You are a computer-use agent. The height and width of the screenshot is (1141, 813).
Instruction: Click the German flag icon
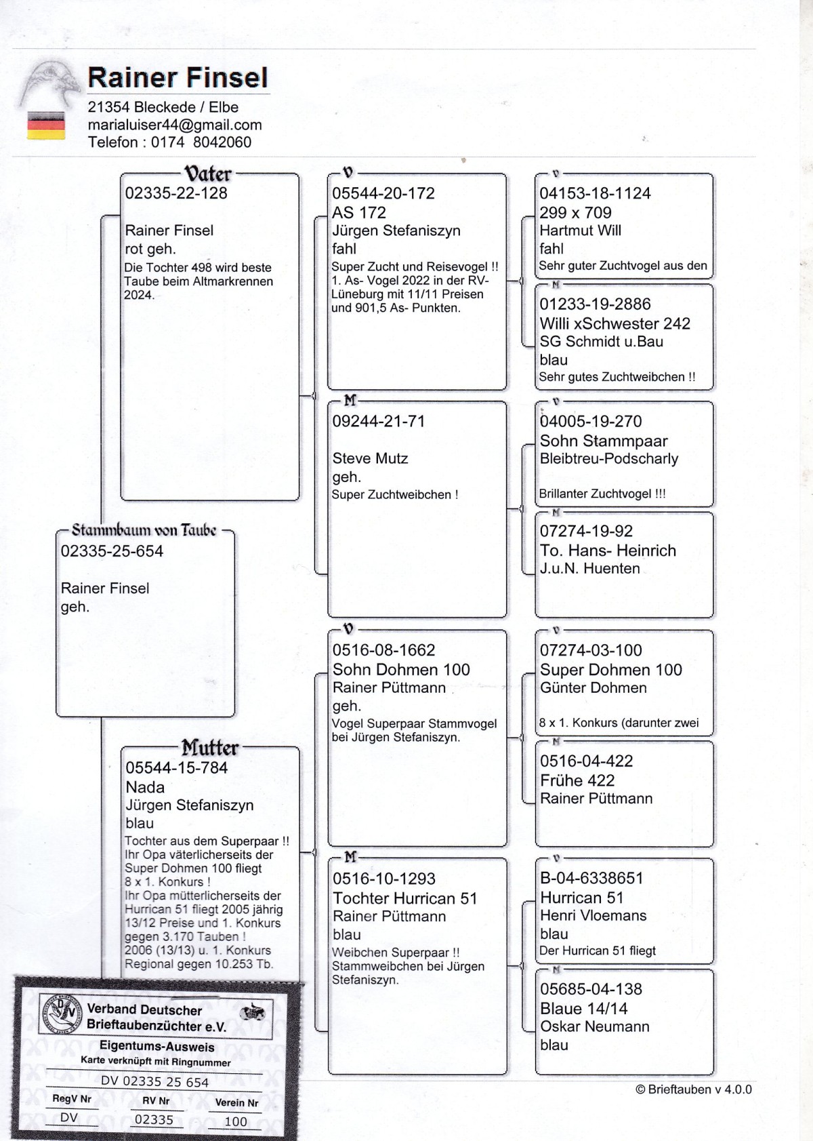tap(46, 126)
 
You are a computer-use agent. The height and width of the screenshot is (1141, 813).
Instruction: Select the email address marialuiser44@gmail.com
tap(175, 125)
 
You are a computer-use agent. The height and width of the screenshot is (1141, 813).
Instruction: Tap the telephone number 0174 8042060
tap(201, 142)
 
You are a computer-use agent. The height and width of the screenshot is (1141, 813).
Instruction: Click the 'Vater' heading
tap(208, 174)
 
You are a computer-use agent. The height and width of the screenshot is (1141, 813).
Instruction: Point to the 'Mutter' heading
tap(209, 748)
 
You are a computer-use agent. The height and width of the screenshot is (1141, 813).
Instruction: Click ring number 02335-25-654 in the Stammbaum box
tap(112, 551)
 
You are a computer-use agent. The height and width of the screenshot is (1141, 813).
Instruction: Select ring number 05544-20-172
tap(383, 193)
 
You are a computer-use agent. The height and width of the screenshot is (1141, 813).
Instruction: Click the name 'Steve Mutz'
tap(370, 458)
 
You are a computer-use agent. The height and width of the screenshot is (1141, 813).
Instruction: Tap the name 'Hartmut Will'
tap(580, 231)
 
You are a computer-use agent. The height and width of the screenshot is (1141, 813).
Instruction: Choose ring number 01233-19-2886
tap(595, 304)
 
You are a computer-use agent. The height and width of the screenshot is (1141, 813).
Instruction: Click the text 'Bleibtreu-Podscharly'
tap(608, 459)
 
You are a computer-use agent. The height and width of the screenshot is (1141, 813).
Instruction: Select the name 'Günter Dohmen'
tap(593, 688)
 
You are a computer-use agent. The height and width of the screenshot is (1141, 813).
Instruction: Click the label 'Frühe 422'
tap(577, 780)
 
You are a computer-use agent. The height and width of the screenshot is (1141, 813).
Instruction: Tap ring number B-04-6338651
tap(591, 879)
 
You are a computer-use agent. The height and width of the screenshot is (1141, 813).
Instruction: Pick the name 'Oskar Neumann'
tap(594, 1026)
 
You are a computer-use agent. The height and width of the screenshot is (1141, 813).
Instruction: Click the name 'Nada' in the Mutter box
tap(145, 787)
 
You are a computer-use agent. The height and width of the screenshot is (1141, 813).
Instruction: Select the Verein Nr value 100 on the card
tap(236, 1121)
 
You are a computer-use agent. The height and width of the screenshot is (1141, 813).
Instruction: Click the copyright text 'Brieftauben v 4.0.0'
tap(694, 1089)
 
